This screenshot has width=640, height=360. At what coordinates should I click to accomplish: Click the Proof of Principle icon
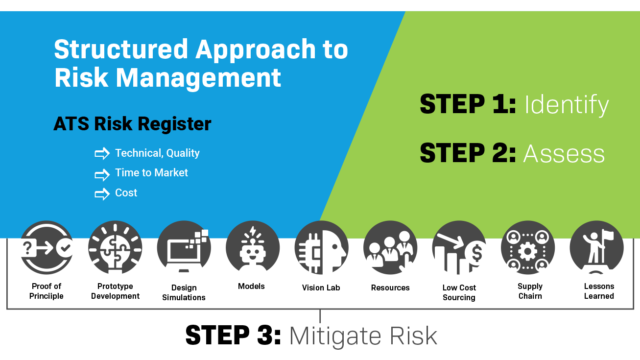(x=47, y=248)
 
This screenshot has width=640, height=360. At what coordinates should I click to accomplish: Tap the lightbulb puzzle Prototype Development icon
(x=115, y=248)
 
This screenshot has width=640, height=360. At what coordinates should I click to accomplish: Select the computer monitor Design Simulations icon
(x=184, y=248)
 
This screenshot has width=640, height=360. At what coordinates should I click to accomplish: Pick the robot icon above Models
(x=253, y=248)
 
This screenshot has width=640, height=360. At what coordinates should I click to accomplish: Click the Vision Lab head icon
(x=321, y=248)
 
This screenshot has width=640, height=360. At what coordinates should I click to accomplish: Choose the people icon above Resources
(x=390, y=248)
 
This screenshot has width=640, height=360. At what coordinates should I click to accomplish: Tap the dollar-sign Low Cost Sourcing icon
(x=459, y=248)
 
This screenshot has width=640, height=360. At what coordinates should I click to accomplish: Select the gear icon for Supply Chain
(x=528, y=248)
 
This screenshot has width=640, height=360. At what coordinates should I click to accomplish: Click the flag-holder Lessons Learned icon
(x=596, y=248)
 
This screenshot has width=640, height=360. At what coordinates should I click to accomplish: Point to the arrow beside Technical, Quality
(x=102, y=154)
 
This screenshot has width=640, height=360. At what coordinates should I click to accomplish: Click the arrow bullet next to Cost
(x=102, y=194)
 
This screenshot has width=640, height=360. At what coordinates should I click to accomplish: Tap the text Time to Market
(x=151, y=173)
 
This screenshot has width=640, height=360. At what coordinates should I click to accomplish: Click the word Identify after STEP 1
(x=566, y=105)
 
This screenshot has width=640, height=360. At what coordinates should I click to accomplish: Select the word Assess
(x=564, y=154)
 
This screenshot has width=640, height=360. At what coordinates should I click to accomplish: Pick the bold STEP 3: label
(x=233, y=336)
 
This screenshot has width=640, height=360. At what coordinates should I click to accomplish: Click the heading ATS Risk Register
(x=132, y=124)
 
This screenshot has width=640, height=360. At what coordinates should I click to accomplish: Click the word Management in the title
(x=198, y=77)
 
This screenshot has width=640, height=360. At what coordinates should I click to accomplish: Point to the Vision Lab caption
(x=321, y=288)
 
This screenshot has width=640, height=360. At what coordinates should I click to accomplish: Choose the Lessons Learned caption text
(x=599, y=291)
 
